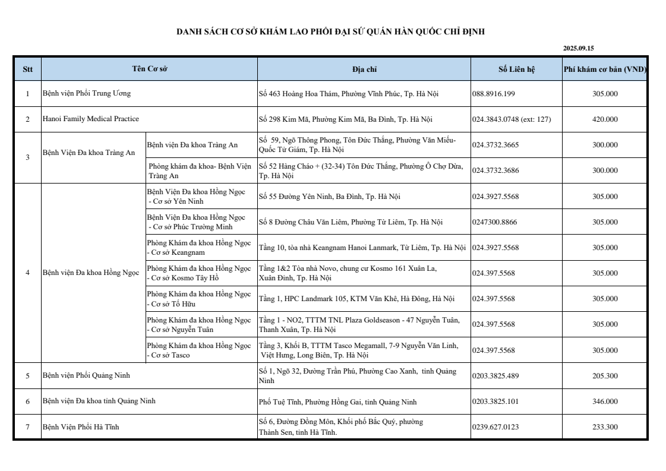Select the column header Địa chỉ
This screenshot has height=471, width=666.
(x=364, y=69)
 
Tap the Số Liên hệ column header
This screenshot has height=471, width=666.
(x=516, y=69)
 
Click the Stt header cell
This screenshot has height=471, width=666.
(x=27, y=69)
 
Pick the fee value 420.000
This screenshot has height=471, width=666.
(x=605, y=119)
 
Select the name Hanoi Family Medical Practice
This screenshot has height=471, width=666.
(x=91, y=119)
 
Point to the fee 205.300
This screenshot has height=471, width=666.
(x=605, y=376)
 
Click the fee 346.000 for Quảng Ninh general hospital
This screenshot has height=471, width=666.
(x=605, y=402)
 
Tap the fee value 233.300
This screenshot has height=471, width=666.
(x=605, y=427)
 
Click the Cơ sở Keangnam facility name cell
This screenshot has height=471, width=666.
(x=198, y=248)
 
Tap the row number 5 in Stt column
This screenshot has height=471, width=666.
(x=27, y=376)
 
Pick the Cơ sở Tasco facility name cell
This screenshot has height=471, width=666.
(x=198, y=350)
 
